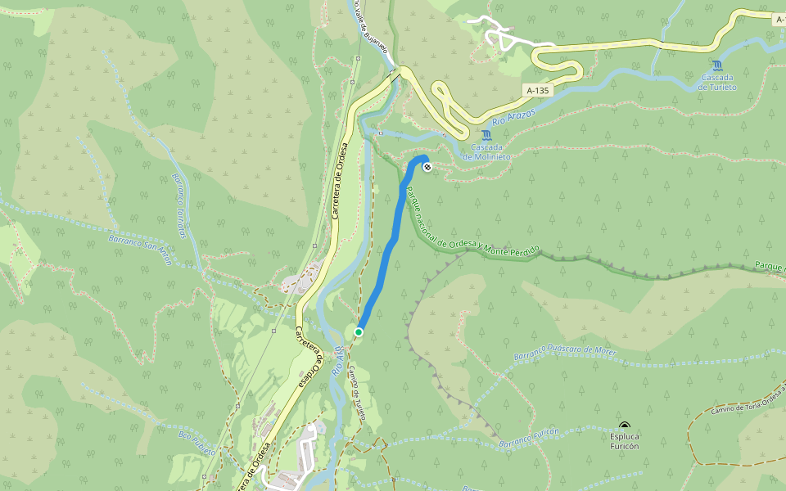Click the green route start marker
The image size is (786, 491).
[359, 331]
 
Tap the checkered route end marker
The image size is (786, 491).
[427, 168]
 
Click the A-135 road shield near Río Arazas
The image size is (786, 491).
[536, 91]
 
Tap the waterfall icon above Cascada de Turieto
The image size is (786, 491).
[718, 65]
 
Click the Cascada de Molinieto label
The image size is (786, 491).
[487, 151]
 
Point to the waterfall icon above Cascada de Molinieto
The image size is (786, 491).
[487, 135]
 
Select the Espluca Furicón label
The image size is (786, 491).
[625, 441]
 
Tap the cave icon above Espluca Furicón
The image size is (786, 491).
[625, 426]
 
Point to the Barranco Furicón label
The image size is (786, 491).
[529, 437]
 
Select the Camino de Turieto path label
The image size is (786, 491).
[356, 392]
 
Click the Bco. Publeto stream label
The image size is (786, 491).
[196, 441]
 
